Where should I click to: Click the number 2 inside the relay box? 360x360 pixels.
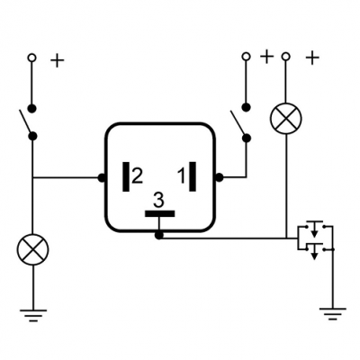pos(137,176)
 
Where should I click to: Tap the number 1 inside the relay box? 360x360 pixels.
pos(182,176)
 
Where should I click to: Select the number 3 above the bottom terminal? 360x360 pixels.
pos(158,200)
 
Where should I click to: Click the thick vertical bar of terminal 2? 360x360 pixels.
pos(126,176)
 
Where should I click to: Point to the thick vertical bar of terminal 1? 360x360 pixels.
pos(193,176)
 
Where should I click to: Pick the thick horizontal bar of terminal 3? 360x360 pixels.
pos(159,213)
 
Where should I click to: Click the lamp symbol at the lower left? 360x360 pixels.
pos(32,249)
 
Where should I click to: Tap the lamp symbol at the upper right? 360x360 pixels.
pos(286,118)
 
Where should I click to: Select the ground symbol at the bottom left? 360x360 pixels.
pos(33,315)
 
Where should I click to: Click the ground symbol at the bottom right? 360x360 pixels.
pos(332,314)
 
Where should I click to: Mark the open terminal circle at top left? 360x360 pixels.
pos(31,58)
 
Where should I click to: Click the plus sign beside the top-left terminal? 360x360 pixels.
pos(57,61)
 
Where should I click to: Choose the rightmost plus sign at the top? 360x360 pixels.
pos(312,58)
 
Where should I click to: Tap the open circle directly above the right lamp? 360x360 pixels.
pos(286,56)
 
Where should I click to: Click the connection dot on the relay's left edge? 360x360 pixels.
pos(102,177)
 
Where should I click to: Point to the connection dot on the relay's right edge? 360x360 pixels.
pos(220,177)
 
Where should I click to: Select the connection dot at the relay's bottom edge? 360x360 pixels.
pos(158,236)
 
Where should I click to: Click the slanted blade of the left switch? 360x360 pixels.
pos(26,122)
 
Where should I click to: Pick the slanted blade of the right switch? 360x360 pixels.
pos(238,124)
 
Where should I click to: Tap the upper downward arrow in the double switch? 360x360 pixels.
pos(314,229)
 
